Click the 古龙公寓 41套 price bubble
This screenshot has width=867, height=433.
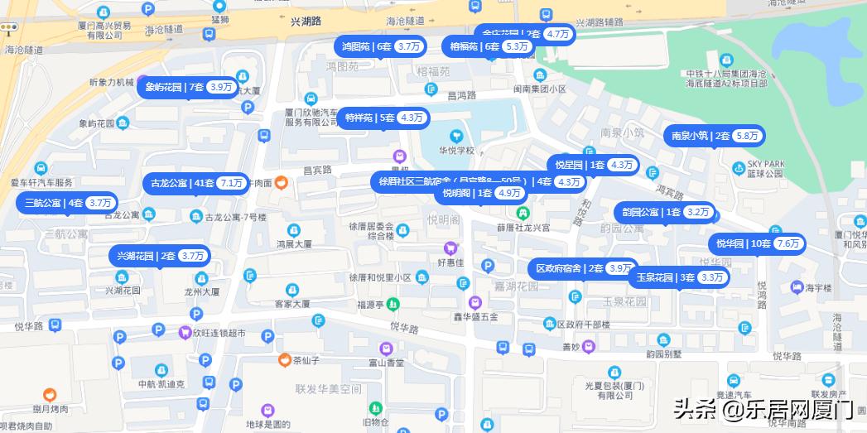click(196, 183)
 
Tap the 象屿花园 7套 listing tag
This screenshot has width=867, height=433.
click(190, 87)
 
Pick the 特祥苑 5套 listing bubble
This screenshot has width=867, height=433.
click(384, 118)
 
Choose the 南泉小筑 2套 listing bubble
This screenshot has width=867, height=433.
click(714, 136)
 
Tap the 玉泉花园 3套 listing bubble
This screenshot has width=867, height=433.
click(678, 277)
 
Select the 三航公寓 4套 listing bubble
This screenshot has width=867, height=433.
click(67, 203)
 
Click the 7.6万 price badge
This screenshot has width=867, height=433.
click(789, 243)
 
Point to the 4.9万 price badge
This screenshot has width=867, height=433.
click(511, 193)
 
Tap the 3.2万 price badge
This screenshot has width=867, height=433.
click(698, 212)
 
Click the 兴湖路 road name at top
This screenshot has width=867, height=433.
click(307, 22)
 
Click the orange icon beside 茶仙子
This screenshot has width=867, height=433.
click(284, 360)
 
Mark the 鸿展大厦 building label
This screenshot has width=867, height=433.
click(293, 244)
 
